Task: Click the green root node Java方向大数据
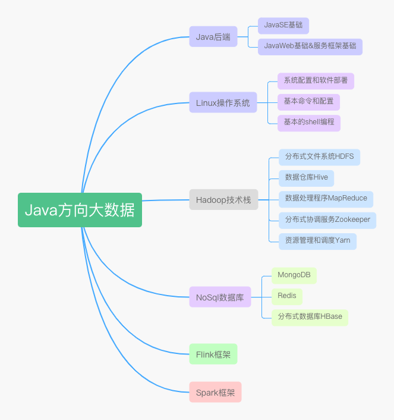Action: (80, 210)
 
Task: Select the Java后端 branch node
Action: (213, 37)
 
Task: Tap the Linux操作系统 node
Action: (223, 103)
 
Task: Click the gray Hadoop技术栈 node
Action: (223, 200)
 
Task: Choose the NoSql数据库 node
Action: (220, 297)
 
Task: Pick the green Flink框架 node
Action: (213, 355)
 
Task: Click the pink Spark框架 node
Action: (215, 393)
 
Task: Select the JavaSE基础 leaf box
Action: (283, 26)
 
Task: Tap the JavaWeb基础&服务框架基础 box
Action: (310, 46)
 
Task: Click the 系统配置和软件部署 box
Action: (316, 81)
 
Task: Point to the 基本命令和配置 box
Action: (308, 102)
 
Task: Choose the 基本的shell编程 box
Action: (309, 123)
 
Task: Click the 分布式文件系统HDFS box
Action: (319, 157)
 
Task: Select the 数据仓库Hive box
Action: (306, 178)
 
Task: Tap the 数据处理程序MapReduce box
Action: (326, 199)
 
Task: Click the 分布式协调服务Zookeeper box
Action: (327, 220)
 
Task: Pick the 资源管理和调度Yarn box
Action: (317, 241)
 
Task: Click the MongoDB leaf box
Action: (294, 275)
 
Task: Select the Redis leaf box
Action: (287, 296)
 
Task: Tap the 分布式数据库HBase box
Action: (310, 317)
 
